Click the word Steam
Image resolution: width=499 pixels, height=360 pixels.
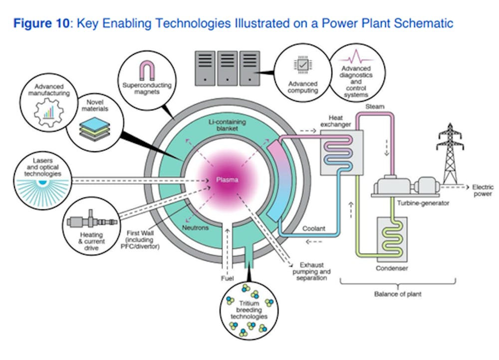coord(374,106)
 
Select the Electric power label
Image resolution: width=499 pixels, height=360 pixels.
coord(482,190)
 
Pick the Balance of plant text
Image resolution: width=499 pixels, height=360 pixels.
coord(398,294)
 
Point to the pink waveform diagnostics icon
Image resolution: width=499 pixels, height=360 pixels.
coord(355,56)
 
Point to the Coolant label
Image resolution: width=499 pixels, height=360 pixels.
coord(314,229)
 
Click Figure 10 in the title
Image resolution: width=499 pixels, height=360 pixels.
coord(43,23)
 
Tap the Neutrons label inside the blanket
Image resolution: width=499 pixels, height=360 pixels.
coord(195,228)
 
